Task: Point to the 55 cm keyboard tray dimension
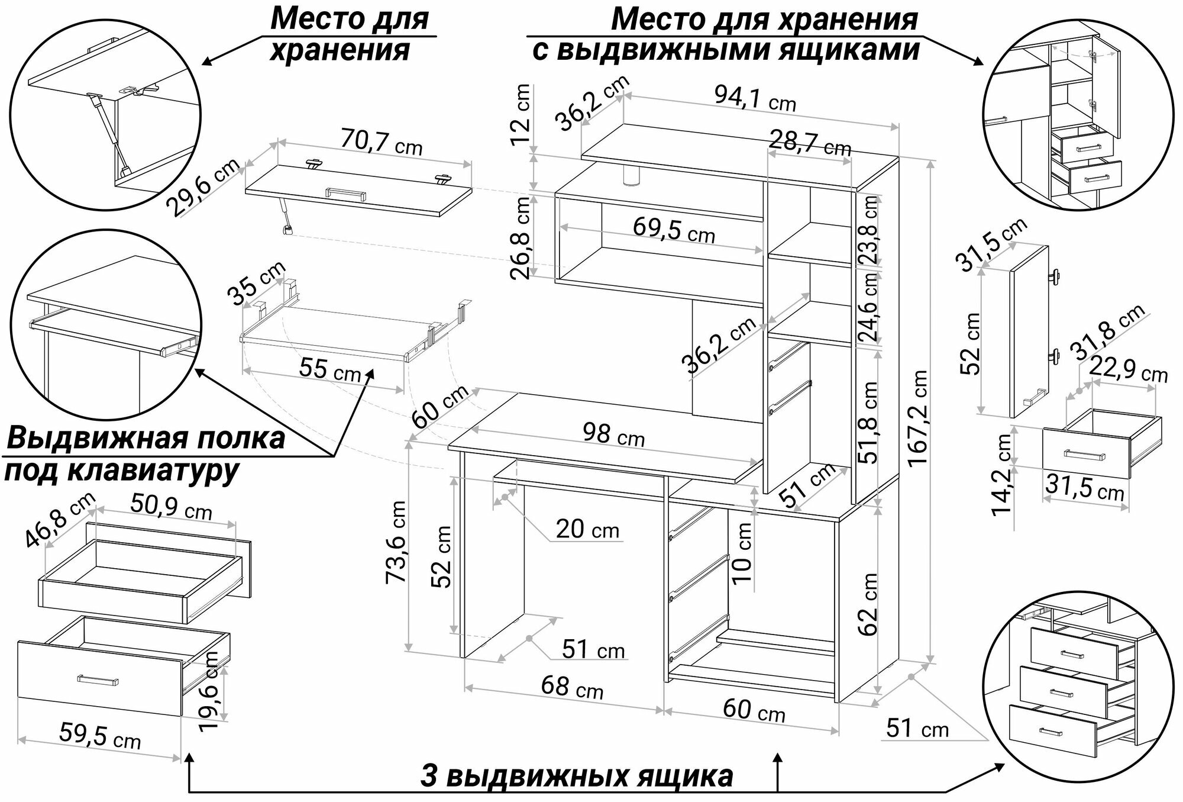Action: pos(329,370)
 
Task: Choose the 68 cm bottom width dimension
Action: pos(571,688)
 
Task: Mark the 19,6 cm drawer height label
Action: pos(208,691)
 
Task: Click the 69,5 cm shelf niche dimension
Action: pos(673,230)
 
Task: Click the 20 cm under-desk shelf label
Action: pos(587,529)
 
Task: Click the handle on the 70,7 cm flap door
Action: pos(345,194)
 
